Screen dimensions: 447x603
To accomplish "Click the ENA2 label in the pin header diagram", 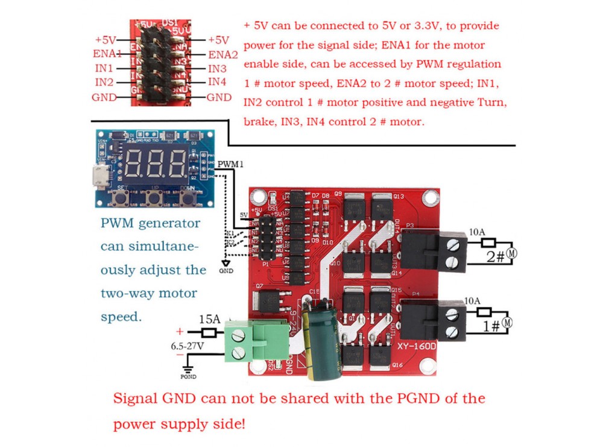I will pyautogui.click(x=223, y=54).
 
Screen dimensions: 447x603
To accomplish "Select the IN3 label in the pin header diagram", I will pyautogui.click(x=217, y=68).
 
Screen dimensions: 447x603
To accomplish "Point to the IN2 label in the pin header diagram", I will pyautogui.click(x=103, y=82).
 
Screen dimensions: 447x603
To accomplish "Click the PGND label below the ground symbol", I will pyautogui.click(x=188, y=377).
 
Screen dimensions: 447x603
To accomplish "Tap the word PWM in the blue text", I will pyautogui.click(x=118, y=223).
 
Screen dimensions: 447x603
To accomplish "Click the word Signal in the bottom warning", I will pyautogui.click(x=135, y=399).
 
